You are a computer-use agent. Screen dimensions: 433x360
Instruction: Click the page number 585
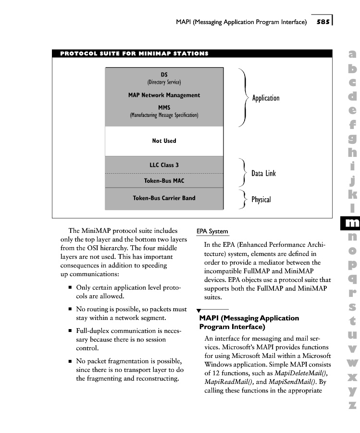[x=323, y=22]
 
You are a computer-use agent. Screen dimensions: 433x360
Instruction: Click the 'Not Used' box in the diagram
[x=164, y=141]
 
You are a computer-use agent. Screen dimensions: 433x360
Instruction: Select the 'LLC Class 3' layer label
[x=164, y=165]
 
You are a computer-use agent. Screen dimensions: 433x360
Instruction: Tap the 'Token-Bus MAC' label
[x=164, y=181]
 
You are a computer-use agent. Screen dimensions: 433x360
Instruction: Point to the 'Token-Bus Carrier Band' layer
[x=164, y=198]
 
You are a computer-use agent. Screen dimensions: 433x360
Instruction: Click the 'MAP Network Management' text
[x=164, y=95]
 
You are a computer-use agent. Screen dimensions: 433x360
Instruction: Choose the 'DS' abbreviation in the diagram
[x=164, y=75]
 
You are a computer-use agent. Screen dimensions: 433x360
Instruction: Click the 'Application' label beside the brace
[x=266, y=98]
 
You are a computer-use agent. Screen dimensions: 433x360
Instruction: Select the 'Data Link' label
[x=263, y=173]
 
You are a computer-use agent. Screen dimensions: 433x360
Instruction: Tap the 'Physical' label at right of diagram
[x=261, y=200]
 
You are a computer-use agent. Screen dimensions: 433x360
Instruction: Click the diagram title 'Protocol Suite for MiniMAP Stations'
[x=134, y=53]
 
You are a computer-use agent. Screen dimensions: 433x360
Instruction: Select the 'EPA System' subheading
[x=212, y=231]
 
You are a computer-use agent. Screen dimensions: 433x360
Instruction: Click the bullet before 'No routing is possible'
[x=70, y=309]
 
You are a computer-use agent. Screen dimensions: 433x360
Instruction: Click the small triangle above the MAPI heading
[x=199, y=311]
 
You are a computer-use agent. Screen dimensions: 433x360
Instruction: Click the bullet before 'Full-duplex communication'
[x=70, y=331]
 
